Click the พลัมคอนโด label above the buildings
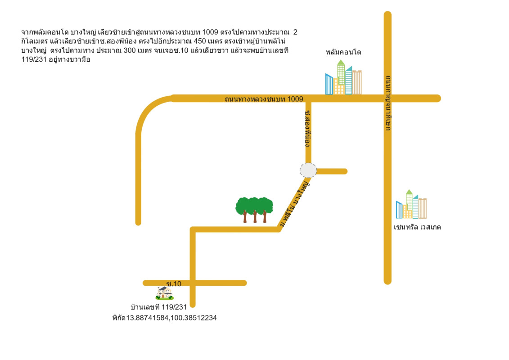point(343,52)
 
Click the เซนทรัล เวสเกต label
point(417,227)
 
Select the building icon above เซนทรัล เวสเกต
point(411,205)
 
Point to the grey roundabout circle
point(308,171)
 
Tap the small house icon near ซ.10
point(165,293)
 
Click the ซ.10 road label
point(174,284)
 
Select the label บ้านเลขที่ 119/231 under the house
point(158,307)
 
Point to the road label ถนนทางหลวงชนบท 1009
point(264,99)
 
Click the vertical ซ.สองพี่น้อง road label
point(308,128)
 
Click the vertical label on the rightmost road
point(388,104)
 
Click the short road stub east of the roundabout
point(332,171)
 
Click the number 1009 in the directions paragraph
point(211,32)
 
